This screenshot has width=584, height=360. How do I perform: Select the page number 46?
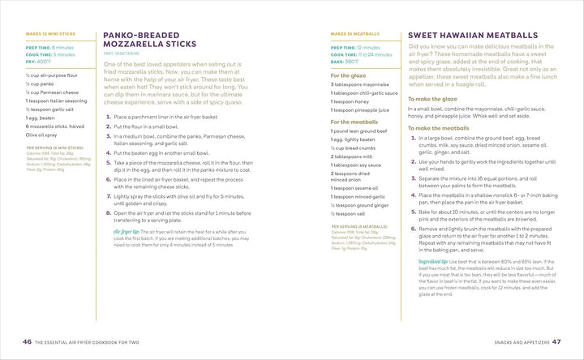(x=27, y=341)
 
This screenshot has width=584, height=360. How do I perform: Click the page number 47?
(x=556, y=341)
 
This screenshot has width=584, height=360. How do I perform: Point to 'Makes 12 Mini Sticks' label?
(x=50, y=34)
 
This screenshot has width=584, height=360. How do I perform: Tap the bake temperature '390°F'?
(x=351, y=62)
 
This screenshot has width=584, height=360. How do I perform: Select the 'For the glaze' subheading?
(x=348, y=75)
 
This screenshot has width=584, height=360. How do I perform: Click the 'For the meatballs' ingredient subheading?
(x=354, y=121)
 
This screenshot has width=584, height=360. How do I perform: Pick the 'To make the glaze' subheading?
(x=437, y=99)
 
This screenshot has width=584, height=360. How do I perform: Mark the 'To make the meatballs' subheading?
(x=438, y=128)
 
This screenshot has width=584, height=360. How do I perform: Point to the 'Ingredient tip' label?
(x=433, y=261)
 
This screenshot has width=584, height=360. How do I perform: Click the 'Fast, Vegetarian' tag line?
(x=120, y=53)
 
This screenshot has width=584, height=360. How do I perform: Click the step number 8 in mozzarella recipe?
(x=108, y=212)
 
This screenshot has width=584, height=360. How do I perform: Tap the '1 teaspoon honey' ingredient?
(x=351, y=101)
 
